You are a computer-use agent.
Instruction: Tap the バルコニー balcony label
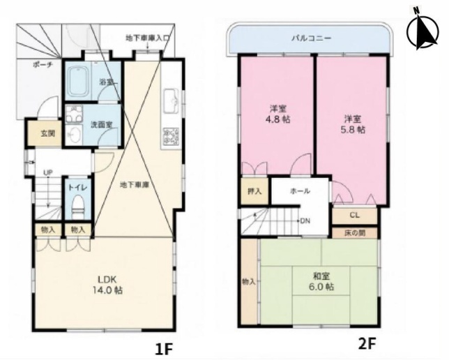click(311, 38)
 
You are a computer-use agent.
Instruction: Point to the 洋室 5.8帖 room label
click(353, 124)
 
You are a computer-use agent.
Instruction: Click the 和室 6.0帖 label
click(321, 281)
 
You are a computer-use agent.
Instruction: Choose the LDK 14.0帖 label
click(107, 285)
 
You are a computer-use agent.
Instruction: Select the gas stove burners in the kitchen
click(171, 136)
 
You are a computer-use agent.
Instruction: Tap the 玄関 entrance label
click(48, 133)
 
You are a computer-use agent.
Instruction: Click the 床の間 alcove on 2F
click(355, 232)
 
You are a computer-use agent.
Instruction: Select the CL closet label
click(355, 216)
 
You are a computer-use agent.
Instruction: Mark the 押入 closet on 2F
click(254, 191)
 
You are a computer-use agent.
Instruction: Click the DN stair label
click(305, 221)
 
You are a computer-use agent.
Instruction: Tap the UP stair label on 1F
click(47, 173)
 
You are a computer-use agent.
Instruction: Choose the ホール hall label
click(300, 191)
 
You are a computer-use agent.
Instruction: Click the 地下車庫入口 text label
click(148, 38)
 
